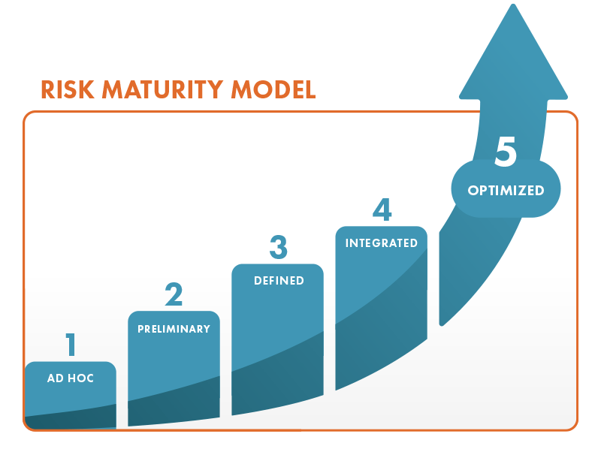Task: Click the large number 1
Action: (71, 345)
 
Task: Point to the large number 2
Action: (174, 294)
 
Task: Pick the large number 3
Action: (278, 247)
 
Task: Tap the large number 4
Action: (382, 209)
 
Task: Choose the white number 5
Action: (506, 152)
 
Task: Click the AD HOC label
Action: (71, 378)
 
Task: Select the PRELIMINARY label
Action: (174, 329)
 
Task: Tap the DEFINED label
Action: (278, 281)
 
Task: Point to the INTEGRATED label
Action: (381, 243)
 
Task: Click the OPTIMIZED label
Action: (506, 191)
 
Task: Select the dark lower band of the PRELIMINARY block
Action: (174, 405)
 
